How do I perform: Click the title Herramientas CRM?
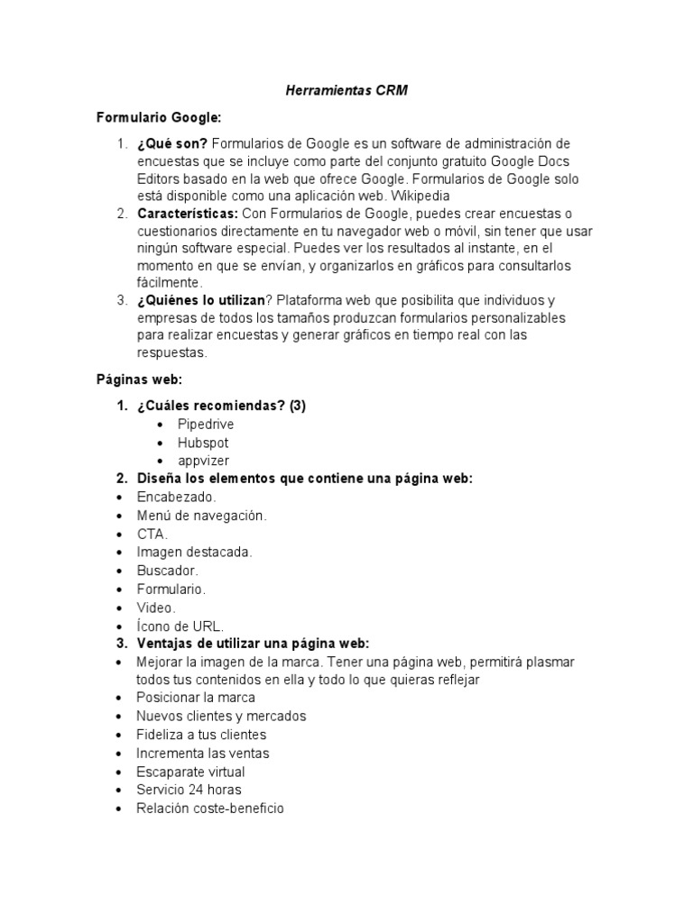[x=346, y=91]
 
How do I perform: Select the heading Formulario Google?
[x=158, y=118]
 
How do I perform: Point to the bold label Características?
[x=188, y=214]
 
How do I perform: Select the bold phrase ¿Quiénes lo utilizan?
[x=200, y=300]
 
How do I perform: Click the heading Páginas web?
[x=139, y=379]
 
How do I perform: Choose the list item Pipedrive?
[x=207, y=424]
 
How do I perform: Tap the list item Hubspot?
[x=203, y=443]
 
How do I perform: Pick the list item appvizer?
[x=203, y=461]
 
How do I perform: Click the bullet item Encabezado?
[x=177, y=497]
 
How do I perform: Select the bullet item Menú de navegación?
[x=201, y=516]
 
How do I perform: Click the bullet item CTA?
[x=152, y=534]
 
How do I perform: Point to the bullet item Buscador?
[x=167, y=571]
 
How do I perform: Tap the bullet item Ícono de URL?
[x=180, y=626]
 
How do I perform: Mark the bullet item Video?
[x=156, y=608]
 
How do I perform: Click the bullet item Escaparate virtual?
[x=190, y=772]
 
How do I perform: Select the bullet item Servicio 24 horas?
[x=189, y=790]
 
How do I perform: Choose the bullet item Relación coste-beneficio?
[x=209, y=809]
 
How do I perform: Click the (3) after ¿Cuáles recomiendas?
[x=298, y=406]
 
